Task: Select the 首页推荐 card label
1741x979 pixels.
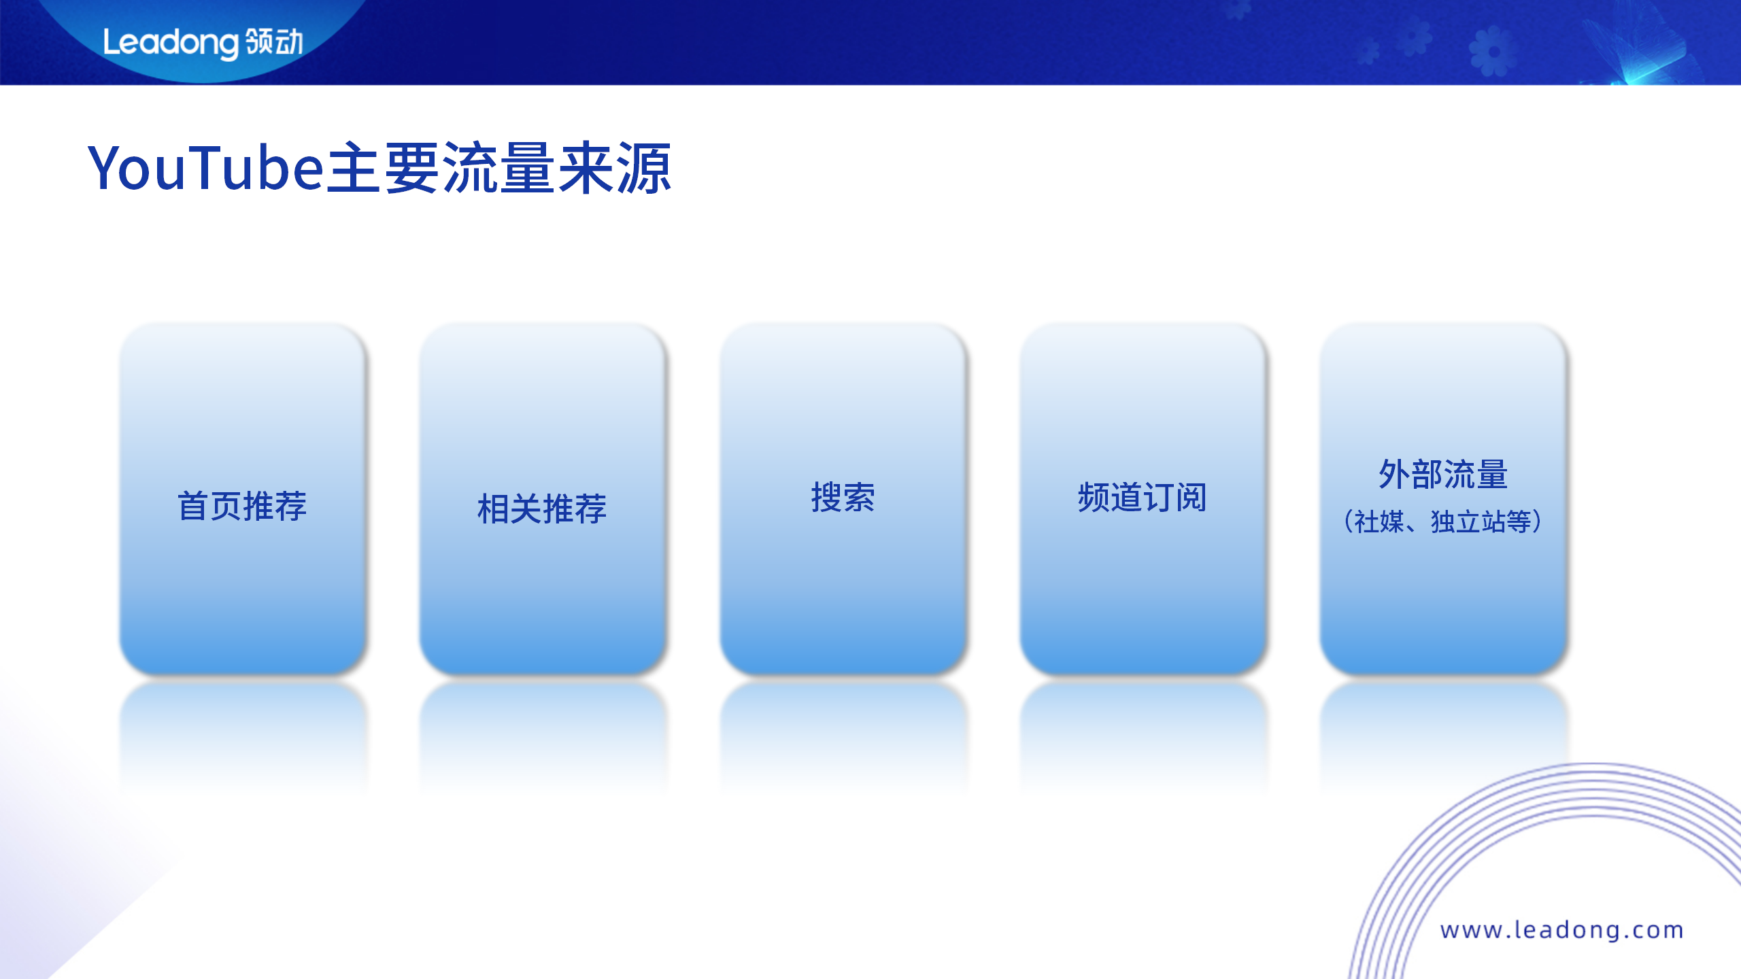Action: [242, 506]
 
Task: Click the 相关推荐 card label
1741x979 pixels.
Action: [542, 509]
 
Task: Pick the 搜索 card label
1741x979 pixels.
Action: [843, 497]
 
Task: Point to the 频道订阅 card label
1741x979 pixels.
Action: [1143, 497]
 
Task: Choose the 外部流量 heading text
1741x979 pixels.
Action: [1443, 474]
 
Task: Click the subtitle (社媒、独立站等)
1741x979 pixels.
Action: [1443, 521]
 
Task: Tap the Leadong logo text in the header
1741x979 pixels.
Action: [171, 43]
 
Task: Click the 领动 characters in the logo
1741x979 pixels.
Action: [275, 42]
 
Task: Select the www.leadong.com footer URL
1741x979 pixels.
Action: [1562, 929]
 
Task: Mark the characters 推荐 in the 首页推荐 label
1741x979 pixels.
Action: [275, 506]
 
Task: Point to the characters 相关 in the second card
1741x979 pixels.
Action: [509, 509]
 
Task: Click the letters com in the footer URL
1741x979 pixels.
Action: [1659, 929]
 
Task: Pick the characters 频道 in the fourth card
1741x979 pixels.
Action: [1110, 497]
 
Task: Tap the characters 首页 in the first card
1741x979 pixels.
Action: [209, 506]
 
